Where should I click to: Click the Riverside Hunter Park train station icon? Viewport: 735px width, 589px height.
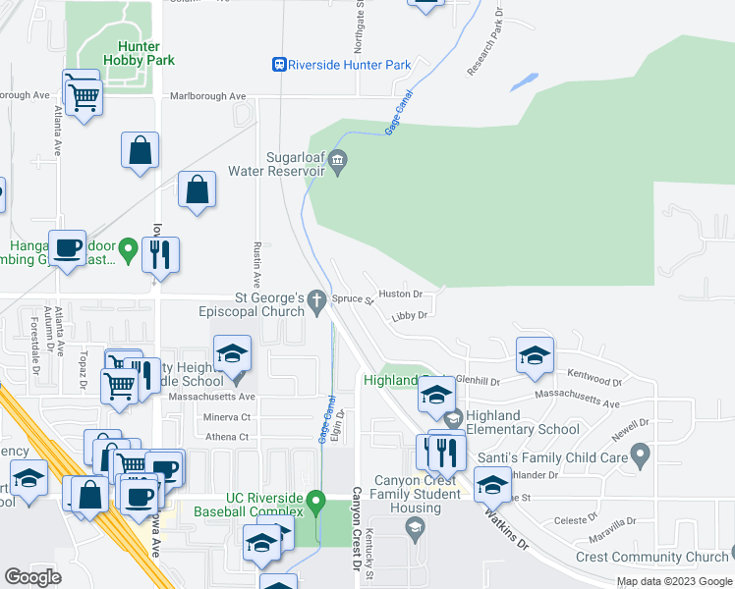pos(280,65)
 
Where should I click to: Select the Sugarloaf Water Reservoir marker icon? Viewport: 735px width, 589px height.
pos(338,159)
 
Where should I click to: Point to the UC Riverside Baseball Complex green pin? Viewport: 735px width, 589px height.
pos(315,502)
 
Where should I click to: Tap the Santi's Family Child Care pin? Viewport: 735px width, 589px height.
pos(641,455)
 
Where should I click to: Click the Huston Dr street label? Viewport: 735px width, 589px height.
pos(400,294)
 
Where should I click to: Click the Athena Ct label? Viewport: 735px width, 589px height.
pos(227,437)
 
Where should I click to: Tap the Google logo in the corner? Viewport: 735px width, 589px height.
pos(33,577)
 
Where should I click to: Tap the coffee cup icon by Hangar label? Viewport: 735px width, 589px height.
pos(67,248)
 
